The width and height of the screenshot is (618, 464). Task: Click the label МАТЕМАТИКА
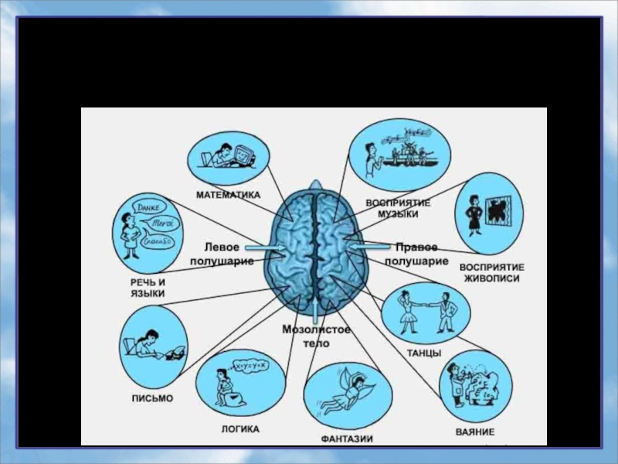point(228,195)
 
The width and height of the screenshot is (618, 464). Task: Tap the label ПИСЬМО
point(151,399)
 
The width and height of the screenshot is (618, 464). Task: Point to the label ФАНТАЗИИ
point(347,438)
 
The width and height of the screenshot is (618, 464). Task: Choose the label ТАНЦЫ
point(424,353)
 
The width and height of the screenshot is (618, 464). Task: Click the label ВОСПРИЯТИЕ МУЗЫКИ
point(398,207)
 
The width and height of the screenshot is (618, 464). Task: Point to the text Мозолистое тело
point(316,336)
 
